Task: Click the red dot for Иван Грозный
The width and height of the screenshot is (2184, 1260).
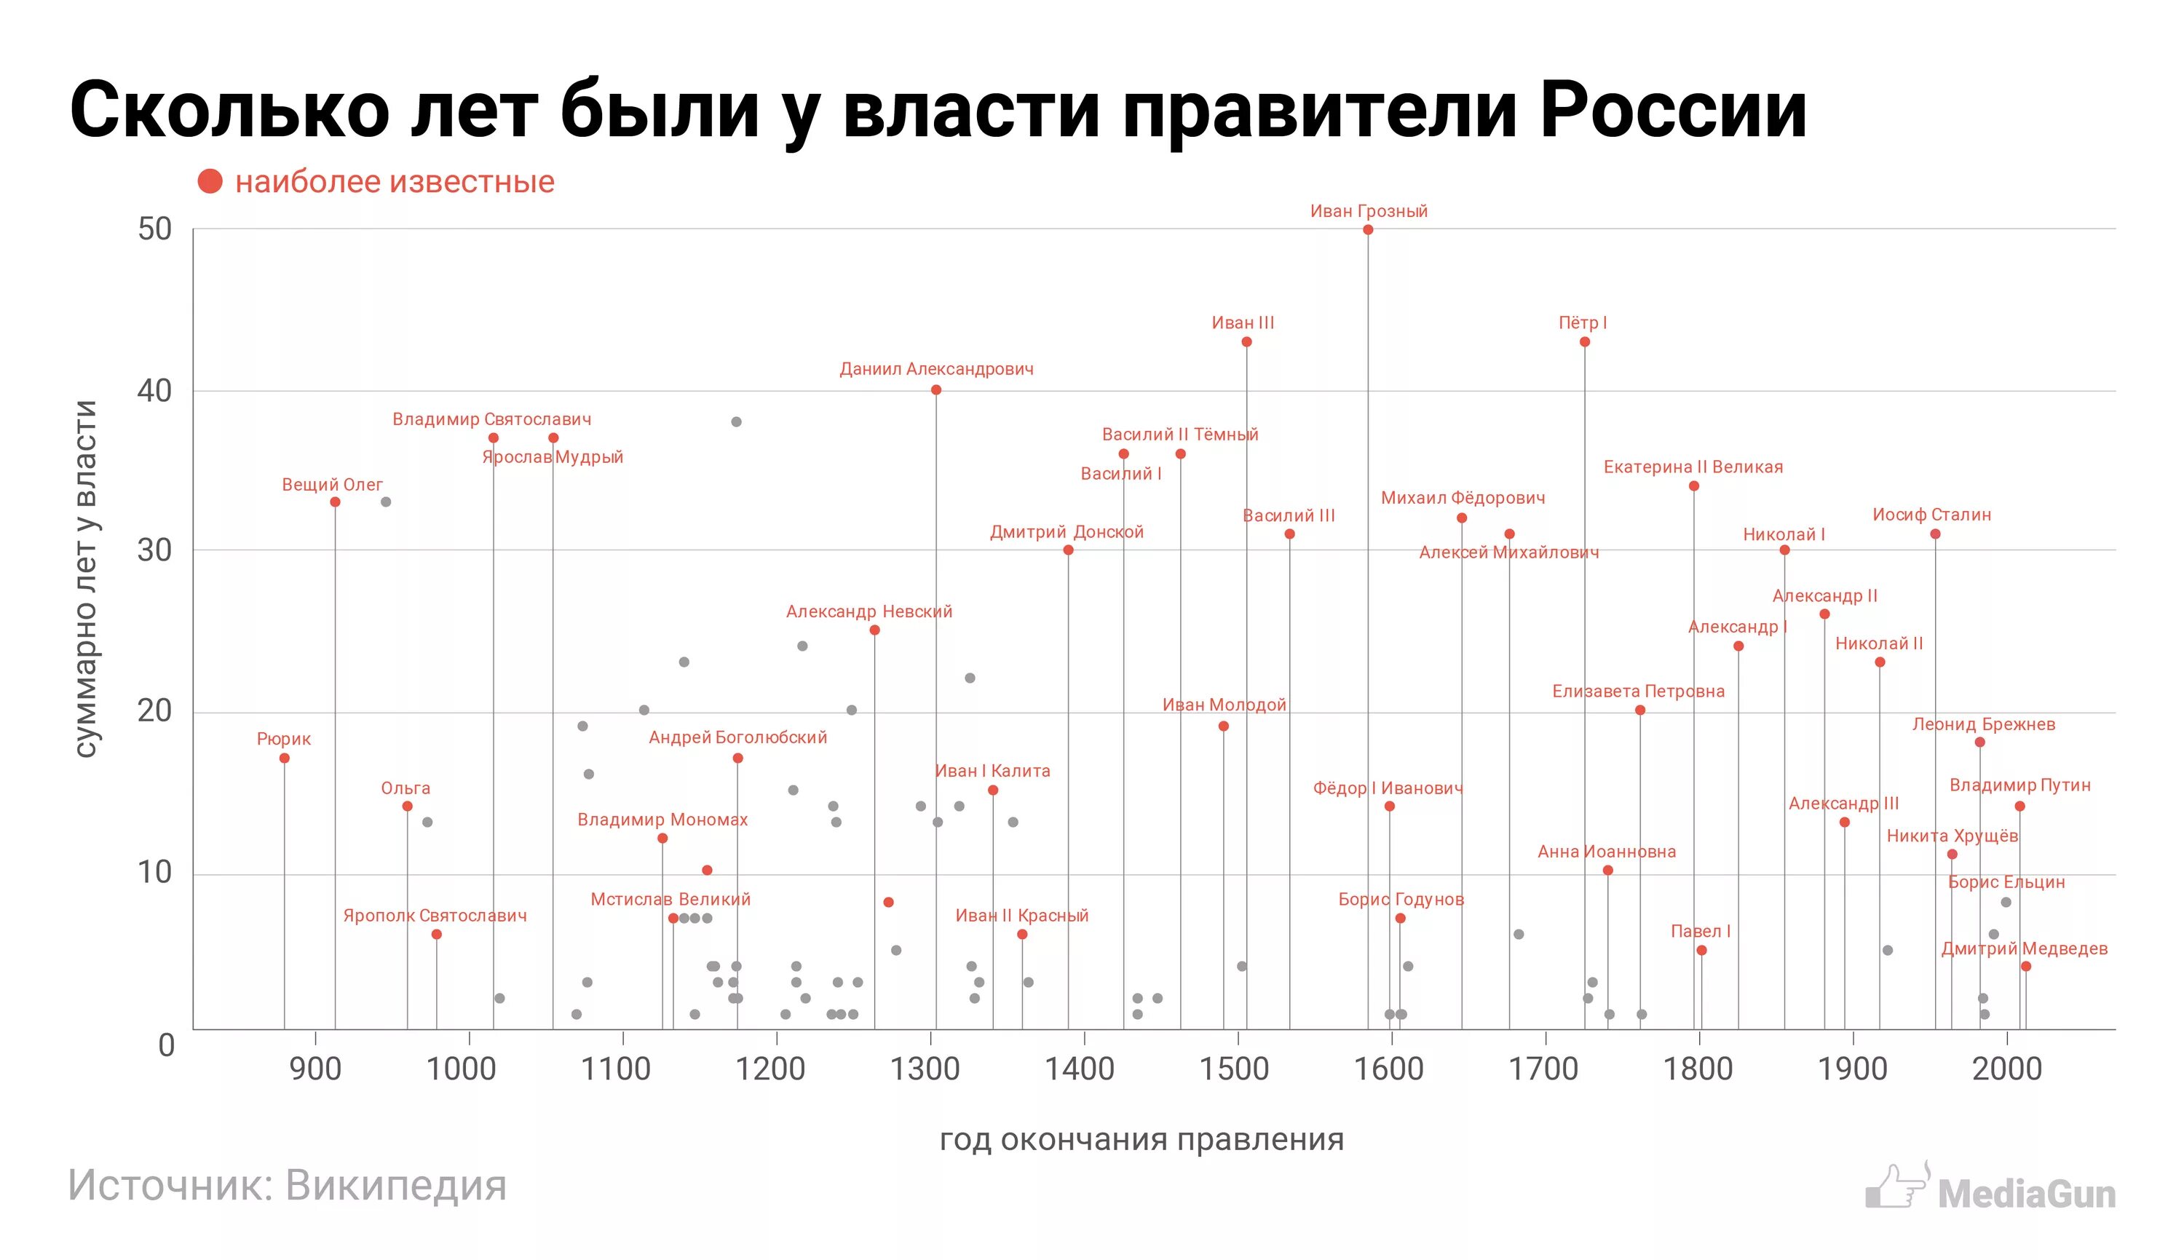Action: (x=1368, y=229)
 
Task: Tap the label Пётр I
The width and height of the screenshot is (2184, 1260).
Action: (x=1583, y=322)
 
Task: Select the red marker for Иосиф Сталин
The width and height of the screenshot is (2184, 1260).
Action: (x=1936, y=534)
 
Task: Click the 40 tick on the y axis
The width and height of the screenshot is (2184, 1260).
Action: (x=155, y=390)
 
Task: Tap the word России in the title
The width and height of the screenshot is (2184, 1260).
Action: (x=1674, y=110)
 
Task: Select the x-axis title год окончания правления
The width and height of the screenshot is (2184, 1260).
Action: (x=1142, y=1140)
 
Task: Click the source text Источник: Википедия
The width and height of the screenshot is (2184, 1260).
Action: (x=288, y=1185)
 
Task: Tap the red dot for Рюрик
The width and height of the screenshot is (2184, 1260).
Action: (x=285, y=758)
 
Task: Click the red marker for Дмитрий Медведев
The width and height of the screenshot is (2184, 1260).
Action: (x=2025, y=967)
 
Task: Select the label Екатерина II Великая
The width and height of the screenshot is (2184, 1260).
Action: (x=1693, y=467)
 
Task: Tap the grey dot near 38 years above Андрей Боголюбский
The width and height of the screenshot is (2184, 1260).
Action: (x=736, y=422)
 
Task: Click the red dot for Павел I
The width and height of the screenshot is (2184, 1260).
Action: (x=1702, y=950)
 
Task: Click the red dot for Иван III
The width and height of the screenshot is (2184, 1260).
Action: (x=1247, y=342)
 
